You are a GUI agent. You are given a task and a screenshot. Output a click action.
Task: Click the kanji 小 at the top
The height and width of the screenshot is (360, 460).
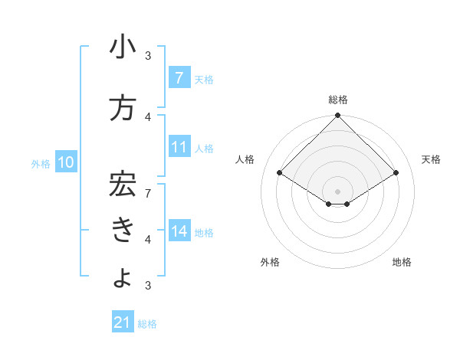point(123,48)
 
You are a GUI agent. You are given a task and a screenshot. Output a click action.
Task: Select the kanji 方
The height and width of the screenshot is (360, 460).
point(123,108)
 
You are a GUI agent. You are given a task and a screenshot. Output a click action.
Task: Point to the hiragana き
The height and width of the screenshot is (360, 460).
point(123,230)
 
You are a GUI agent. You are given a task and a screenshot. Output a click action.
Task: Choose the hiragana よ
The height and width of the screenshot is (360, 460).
point(123,277)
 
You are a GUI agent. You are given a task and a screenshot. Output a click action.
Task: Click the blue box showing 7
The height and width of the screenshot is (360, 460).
point(179,78)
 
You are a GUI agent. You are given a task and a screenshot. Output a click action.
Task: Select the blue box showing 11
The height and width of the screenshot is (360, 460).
point(179,147)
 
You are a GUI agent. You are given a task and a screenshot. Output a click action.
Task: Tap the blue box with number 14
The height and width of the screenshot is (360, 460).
point(179,231)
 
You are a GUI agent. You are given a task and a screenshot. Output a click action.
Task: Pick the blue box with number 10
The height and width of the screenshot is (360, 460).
point(65,162)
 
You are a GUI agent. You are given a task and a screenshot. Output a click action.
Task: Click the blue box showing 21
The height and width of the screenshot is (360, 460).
point(123,322)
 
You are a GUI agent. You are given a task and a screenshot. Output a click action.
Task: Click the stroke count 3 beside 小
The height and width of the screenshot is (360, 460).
point(148,55)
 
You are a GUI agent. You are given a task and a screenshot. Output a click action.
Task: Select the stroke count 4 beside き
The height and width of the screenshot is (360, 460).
point(148,239)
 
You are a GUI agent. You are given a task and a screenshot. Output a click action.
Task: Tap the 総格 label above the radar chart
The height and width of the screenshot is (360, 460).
point(337,100)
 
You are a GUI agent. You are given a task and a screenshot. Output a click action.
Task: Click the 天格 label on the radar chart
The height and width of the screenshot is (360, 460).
point(431,159)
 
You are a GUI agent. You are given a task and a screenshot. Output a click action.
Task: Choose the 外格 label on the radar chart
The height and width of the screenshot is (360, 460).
point(269,262)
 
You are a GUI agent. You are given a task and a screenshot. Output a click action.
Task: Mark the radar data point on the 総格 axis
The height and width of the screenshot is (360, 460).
point(337,116)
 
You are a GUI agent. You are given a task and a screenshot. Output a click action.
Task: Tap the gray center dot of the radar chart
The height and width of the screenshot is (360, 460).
point(337,190)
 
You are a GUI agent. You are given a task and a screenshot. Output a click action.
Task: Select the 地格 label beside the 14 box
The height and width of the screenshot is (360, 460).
point(205,232)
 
